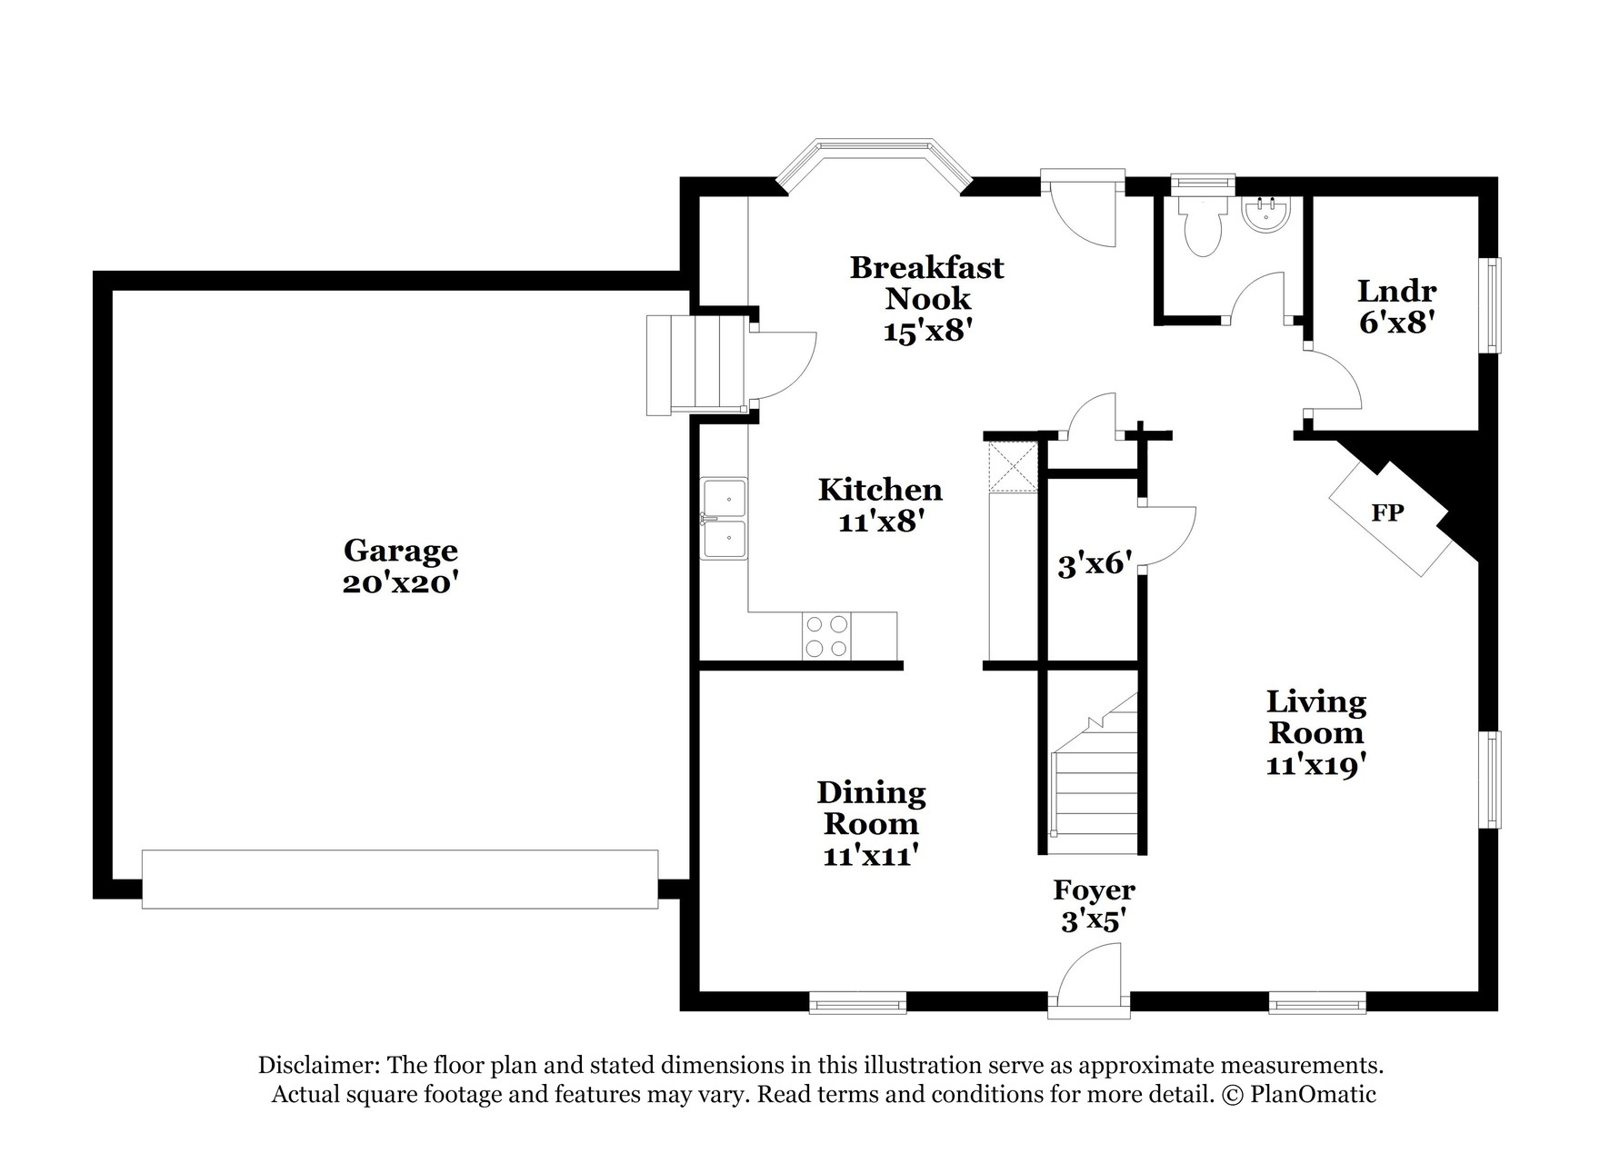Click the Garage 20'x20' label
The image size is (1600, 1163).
pyautogui.click(x=400, y=566)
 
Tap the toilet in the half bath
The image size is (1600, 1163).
pyautogui.click(x=1202, y=225)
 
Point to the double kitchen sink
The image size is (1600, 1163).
pyautogui.click(x=724, y=519)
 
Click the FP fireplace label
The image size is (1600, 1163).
pyautogui.click(x=1387, y=512)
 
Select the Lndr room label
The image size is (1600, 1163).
pyautogui.click(x=1396, y=291)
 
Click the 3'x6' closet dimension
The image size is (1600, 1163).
pyautogui.click(x=1095, y=565)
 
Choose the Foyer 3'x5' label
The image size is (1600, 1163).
pyautogui.click(x=1095, y=905)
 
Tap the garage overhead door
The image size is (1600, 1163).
pyautogui.click(x=400, y=879)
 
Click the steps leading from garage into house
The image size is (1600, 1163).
pyautogui.click(x=697, y=365)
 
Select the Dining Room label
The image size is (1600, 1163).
pyautogui.click(x=871, y=808)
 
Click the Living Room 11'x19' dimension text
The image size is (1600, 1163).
pyautogui.click(x=1317, y=765)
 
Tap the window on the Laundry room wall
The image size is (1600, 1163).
pyautogui.click(x=1494, y=304)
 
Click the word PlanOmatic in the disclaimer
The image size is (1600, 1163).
pyautogui.click(x=1313, y=1094)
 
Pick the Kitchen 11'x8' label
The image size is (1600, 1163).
pyautogui.click(x=880, y=505)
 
